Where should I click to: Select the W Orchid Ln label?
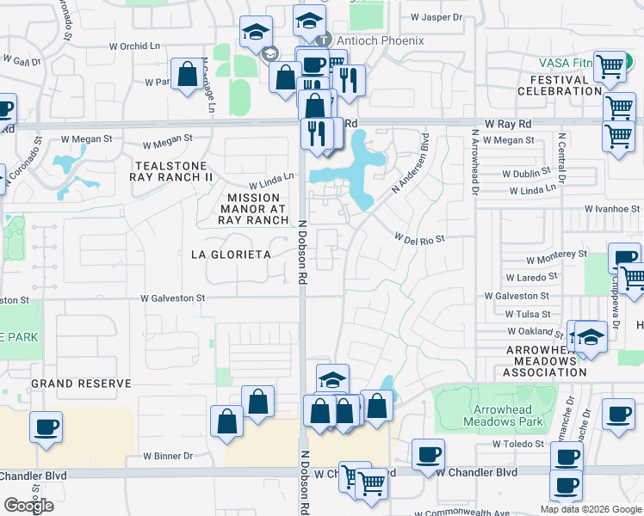tap(136, 46)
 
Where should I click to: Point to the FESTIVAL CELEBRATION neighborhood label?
tap(560, 85)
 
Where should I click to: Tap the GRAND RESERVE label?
tap(81, 384)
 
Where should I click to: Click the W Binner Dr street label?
tap(168, 455)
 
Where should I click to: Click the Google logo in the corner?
tap(28, 506)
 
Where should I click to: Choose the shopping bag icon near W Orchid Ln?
tap(187, 74)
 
